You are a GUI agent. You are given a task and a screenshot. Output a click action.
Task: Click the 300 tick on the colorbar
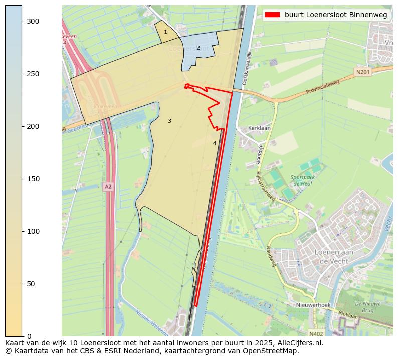coord(22,21)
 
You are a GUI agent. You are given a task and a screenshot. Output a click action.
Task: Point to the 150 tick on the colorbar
coord(22,179)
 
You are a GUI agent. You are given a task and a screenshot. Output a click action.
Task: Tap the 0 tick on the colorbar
coord(22,336)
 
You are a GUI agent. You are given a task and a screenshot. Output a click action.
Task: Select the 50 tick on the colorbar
coord(22,284)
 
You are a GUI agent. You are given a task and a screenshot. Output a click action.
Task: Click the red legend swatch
coord(273,15)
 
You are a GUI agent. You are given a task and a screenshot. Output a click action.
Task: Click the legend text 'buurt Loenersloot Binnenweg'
coord(336,15)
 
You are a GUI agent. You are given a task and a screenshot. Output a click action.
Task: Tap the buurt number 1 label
coord(165,32)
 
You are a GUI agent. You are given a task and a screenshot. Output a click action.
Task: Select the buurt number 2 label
coord(198,48)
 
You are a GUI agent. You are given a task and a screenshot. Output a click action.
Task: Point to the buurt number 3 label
coord(169,121)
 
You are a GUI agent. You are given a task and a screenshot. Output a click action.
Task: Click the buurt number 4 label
coord(215,143)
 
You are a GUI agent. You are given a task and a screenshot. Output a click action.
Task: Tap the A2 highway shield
coord(108,187)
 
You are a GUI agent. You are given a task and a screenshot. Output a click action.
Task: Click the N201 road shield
coord(362,72)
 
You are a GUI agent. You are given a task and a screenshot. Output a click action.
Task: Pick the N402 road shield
coord(316,333)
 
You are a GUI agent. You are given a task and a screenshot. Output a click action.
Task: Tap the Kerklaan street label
coord(259,128)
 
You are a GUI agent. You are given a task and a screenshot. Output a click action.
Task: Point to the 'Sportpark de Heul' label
coord(302,180)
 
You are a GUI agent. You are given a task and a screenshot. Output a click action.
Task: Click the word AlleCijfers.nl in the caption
coord(299,343)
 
